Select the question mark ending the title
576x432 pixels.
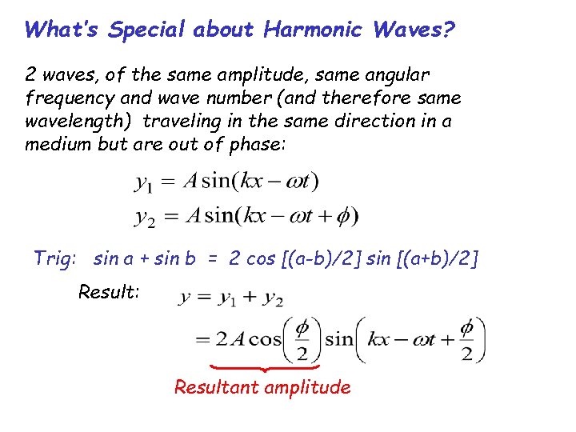click(x=450, y=30)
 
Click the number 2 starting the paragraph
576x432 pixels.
click(x=30, y=75)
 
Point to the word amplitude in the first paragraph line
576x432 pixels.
click(x=270, y=75)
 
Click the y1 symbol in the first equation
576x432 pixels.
click(x=143, y=183)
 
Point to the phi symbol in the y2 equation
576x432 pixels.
click(x=345, y=215)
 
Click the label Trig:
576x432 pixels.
click(x=55, y=258)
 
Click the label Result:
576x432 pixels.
click(x=109, y=292)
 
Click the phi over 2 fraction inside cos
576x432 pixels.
click(x=302, y=339)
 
